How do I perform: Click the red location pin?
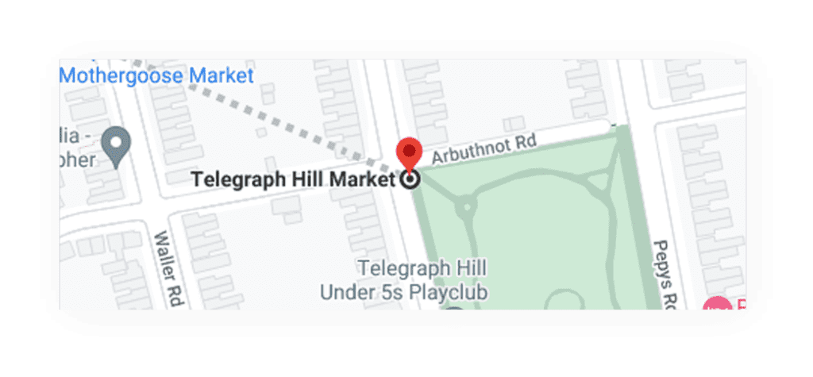click(409, 152)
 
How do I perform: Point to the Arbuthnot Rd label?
click(484, 150)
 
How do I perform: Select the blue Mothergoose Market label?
click(156, 76)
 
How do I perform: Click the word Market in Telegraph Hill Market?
click(361, 179)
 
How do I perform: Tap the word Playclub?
click(448, 292)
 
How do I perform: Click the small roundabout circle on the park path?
click(465, 207)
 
